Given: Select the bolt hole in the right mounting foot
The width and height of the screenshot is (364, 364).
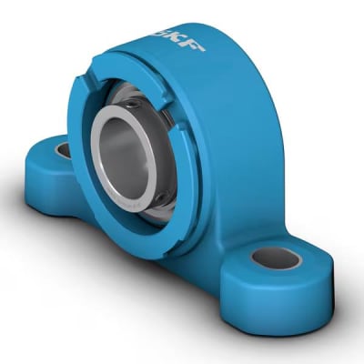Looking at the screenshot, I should click(x=276, y=258).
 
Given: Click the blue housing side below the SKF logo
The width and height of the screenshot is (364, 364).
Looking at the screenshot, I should click(x=237, y=136).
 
